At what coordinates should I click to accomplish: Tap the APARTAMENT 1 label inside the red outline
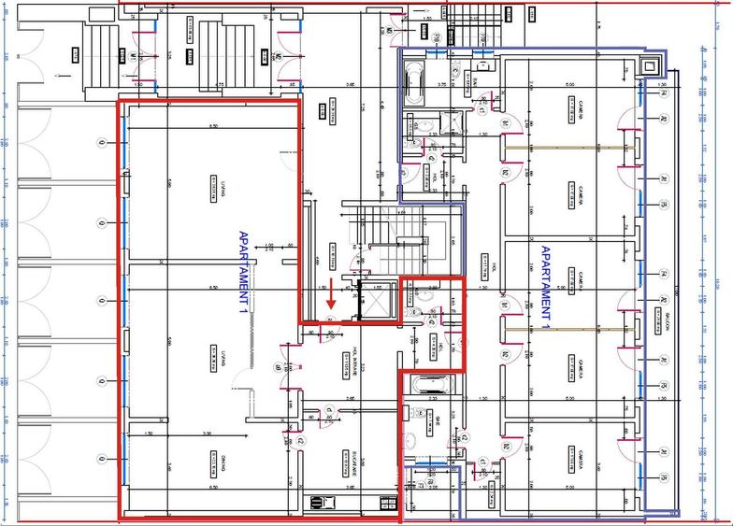[244, 271]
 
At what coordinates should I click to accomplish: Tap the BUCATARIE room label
[355, 465]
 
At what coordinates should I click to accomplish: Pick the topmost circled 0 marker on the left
[101, 143]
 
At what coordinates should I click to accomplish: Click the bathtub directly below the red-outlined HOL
[429, 383]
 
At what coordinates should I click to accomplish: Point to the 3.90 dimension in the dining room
[207, 434]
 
